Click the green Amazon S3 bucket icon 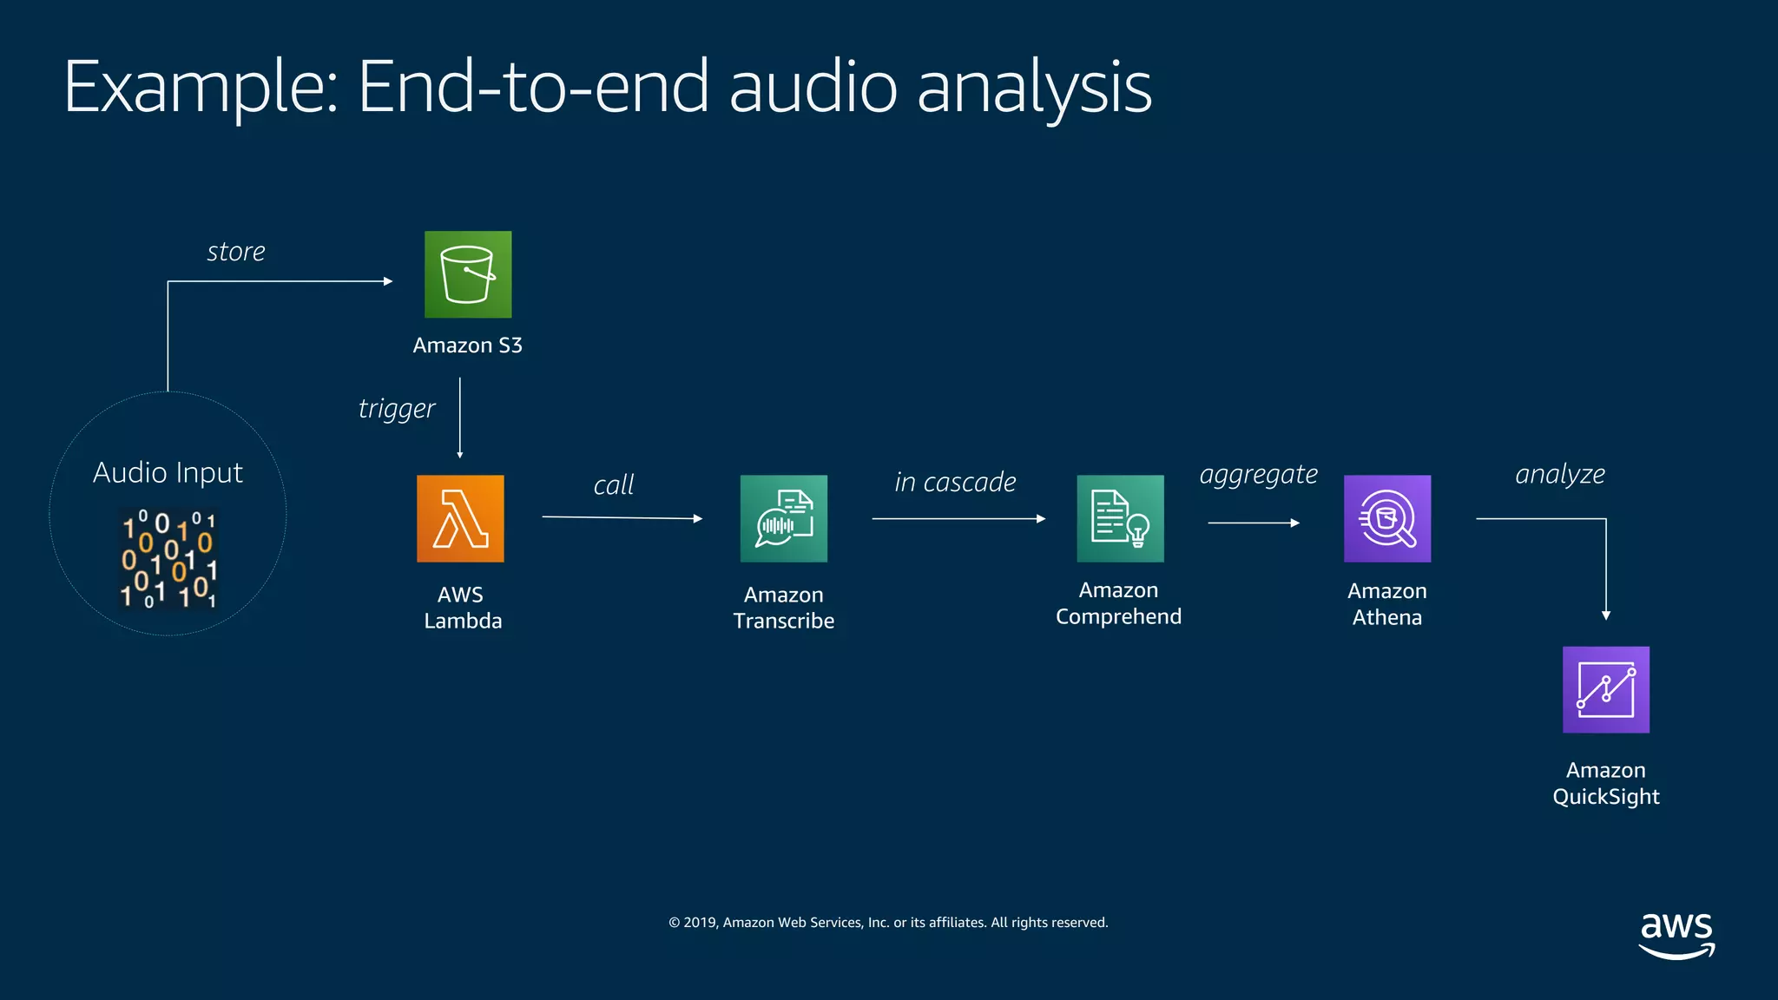tap(468, 274)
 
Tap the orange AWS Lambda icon tap(460, 518)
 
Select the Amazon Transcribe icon tap(783, 518)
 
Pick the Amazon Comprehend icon tap(1120, 518)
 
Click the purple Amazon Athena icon tap(1386, 518)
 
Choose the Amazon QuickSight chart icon tap(1605, 689)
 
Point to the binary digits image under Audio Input tap(168, 557)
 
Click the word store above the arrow tap(235, 252)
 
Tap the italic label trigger tap(396, 408)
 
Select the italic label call tap(613, 484)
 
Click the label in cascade tap(955, 482)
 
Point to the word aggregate tap(1258, 475)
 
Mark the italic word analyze tap(1559, 474)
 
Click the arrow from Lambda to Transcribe tap(622, 517)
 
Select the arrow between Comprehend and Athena tap(1253, 523)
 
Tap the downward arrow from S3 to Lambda tap(459, 417)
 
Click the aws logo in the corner tap(1676, 935)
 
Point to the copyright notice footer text tap(888, 922)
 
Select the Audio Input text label tap(168, 472)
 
